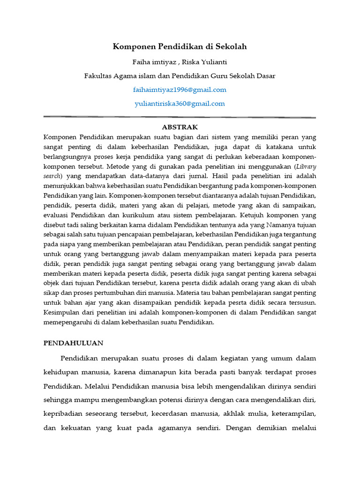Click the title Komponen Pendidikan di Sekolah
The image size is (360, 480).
click(x=180, y=46)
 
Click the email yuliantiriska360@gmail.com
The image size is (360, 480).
click(x=180, y=104)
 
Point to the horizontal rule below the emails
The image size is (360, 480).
click(x=180, y=117)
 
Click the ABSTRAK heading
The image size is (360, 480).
click(x=180, y=127)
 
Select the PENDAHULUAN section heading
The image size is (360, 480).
click(x=74, y=343)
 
